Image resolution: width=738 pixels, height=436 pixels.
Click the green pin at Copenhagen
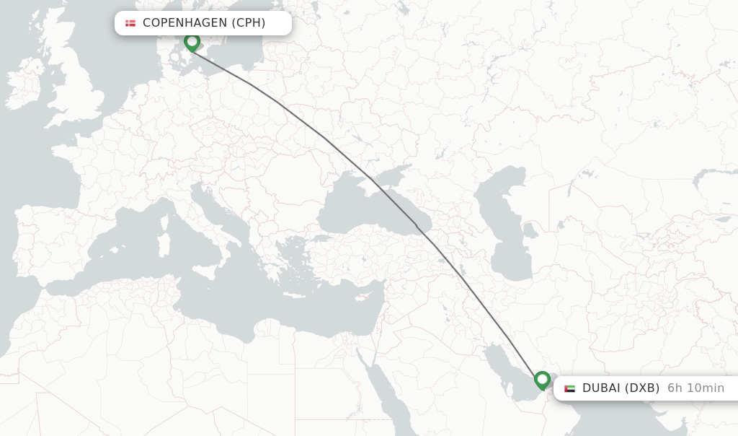[192, 42]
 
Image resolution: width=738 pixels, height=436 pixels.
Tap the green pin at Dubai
[542, 380]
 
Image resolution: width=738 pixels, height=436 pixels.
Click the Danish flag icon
[130, 23]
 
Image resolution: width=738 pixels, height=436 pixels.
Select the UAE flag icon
[569, 388]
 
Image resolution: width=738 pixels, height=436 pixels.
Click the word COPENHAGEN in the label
[184, 23]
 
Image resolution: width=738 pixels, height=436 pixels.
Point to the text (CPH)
[248, 23]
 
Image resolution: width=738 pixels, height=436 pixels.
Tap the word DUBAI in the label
[601, 388]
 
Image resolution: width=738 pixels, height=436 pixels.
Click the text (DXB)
[641, 388]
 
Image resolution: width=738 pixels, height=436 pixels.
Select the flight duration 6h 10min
[695, 388]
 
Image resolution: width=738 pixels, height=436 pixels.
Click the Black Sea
[360, 209]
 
